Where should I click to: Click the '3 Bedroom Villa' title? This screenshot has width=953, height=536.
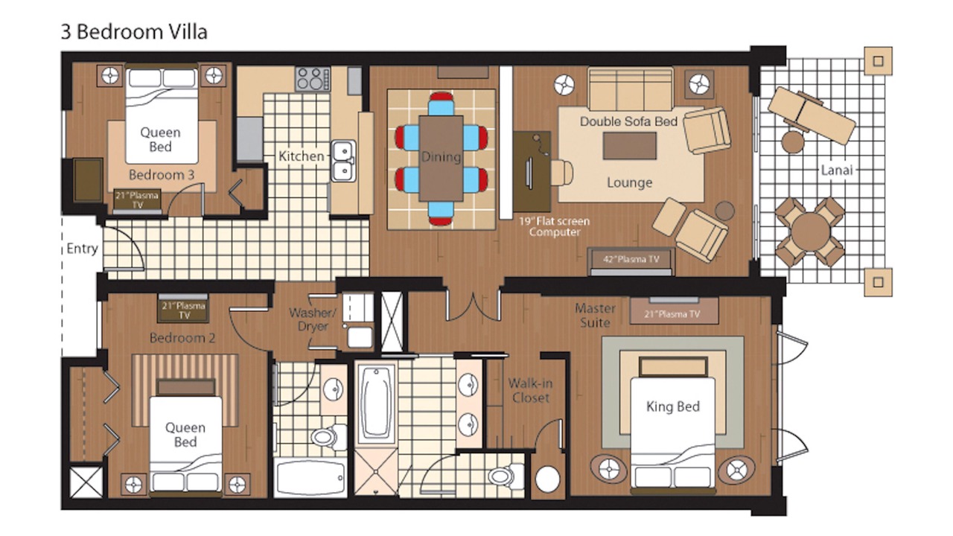(134, 32)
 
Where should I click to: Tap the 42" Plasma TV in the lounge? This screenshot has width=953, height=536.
(631, 260)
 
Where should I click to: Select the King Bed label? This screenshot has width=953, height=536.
(672, 406)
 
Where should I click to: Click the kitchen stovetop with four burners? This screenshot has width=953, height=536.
(313, 79)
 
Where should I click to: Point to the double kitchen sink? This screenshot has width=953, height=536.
(343, 162)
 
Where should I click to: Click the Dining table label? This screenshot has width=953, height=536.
(442, 157)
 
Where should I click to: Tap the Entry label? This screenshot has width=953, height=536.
(82, 249)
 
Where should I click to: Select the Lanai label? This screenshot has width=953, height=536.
(837, 170)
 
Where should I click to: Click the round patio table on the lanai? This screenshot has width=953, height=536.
(809, 232)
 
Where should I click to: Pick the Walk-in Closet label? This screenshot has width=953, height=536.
(530, 391)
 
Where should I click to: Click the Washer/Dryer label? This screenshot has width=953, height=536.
(313, 319)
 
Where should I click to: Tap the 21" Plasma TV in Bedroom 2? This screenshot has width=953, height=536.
(184, 309)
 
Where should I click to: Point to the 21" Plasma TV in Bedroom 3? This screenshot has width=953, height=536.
(137, 200)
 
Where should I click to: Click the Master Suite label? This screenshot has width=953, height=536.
(595, 315)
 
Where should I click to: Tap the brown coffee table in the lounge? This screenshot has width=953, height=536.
(630, 147)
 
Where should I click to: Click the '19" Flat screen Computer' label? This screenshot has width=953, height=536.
(555, 227)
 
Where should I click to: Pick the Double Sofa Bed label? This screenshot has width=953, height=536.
(629, 121)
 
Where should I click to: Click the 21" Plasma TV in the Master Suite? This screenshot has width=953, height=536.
(674, 311)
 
